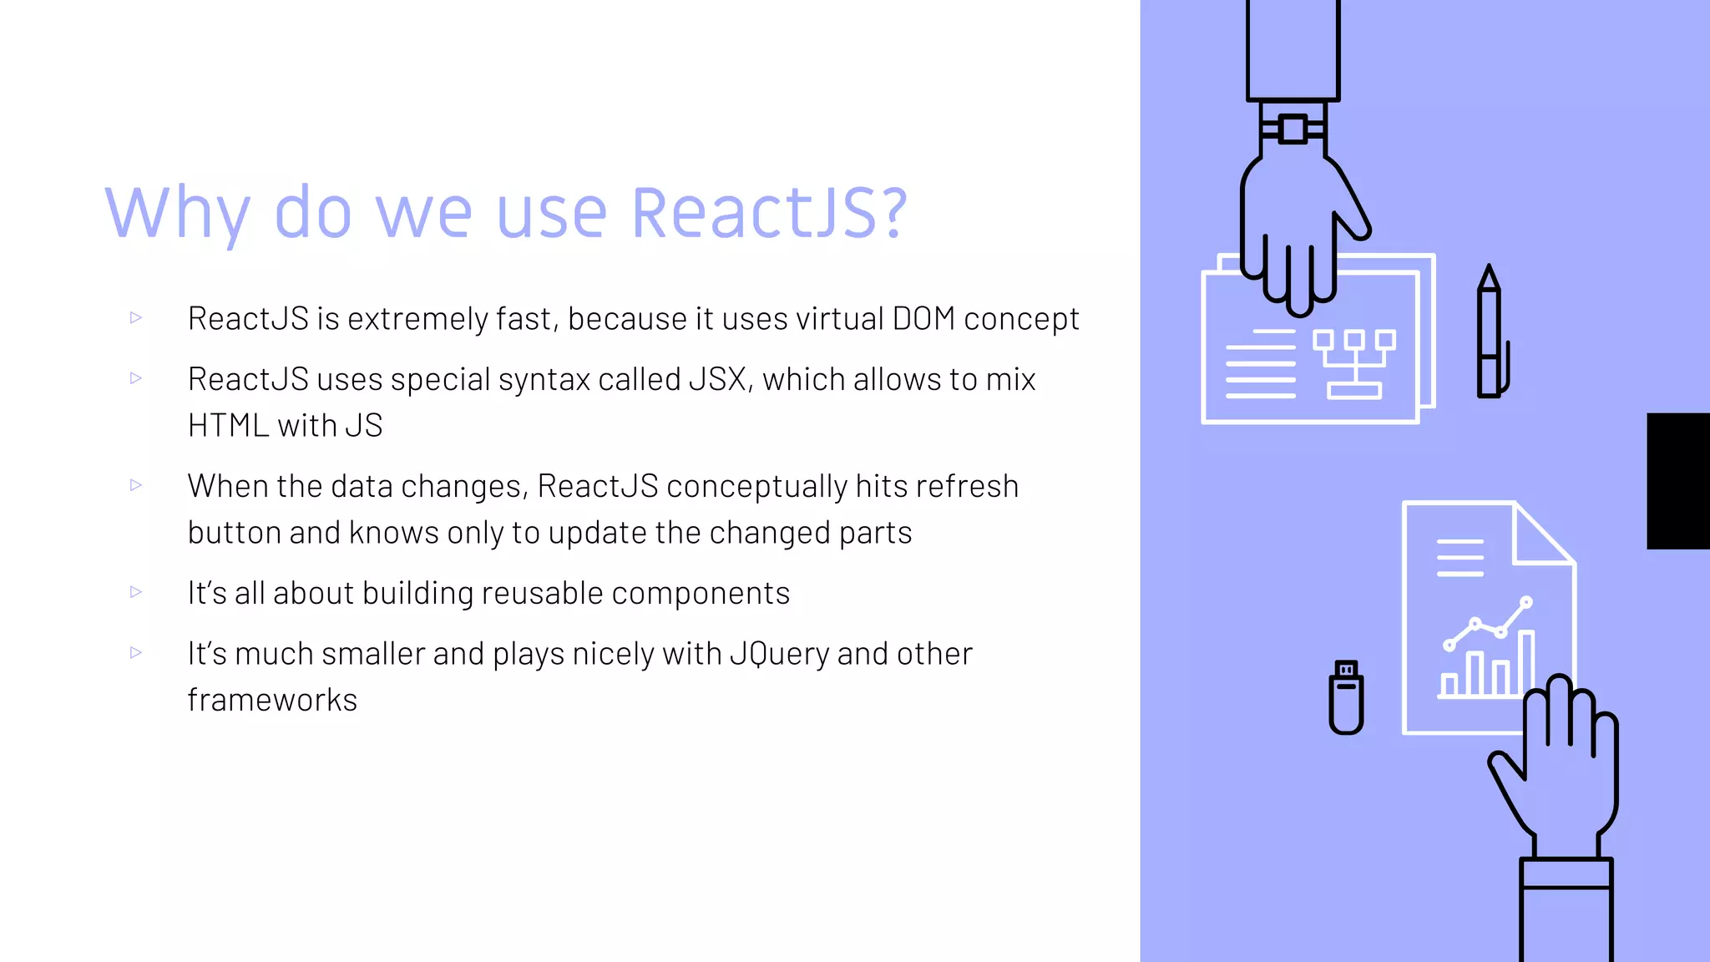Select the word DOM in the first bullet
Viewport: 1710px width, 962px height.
pyautogui.click(x=923, y=319)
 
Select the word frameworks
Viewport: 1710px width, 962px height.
pyautogui.click(x=272, y=700)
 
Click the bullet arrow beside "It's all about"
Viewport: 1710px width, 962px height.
pyautogui.click(x=136, y=592)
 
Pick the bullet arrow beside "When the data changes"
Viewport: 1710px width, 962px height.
pyautogui.click(x=136, y=485)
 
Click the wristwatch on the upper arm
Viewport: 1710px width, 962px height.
pyautogui.click(x=1293, y=129)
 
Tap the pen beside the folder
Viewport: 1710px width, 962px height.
pyautogui.click(x=1490, y=334)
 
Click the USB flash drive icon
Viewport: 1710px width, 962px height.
pyautogui.click(x=1346, y=697)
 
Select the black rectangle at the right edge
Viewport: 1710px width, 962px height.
pyautogui.click(x=1677, y=481)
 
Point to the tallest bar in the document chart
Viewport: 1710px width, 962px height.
pyautogui.click(x=1526, y=663)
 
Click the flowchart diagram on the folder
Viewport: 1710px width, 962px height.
pyautogui.click(x=1353, y=364)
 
